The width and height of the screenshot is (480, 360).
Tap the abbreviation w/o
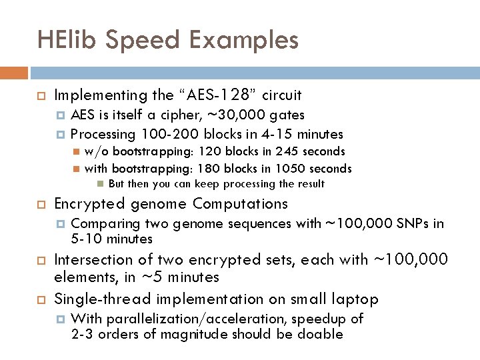pos(96,151)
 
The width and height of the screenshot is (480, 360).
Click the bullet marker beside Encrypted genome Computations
pos(40,204)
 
